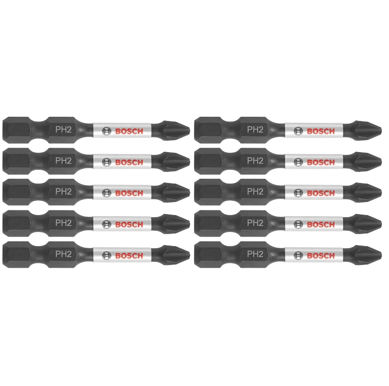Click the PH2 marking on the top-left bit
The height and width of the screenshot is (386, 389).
click(63, 129)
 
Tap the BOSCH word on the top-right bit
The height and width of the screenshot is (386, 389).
click(321, 131)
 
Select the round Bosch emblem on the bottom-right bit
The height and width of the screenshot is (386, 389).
click(298, 256)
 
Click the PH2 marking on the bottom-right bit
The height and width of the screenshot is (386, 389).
click(255, 254)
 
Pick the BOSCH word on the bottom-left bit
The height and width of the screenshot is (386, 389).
click(129, 256)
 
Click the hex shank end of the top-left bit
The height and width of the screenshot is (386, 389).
click(16, 130)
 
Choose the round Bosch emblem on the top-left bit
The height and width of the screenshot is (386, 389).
click(106, 131)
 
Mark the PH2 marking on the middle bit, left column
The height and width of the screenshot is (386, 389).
click(63, 191)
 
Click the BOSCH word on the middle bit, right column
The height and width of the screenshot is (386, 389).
click(321, 193)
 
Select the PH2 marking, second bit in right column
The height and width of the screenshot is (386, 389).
click(255, 160)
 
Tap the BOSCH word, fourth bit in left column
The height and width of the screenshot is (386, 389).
click(129, 225)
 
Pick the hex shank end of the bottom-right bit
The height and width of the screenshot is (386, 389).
click(208, 255)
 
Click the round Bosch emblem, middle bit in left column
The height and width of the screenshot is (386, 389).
click(106, 193)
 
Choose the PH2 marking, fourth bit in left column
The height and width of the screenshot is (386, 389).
click(63, 223)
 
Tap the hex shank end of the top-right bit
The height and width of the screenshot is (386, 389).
click(208, 130)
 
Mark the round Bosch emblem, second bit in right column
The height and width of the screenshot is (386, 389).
click(298, 162)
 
